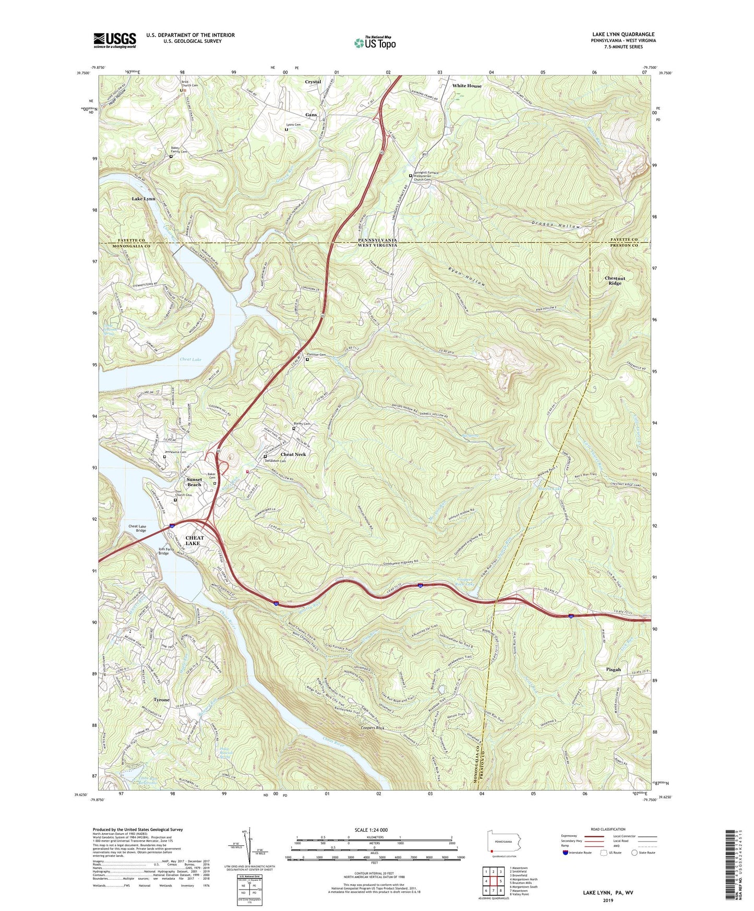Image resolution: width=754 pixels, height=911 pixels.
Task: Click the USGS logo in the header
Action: pyautogui.click(x=115, y=40)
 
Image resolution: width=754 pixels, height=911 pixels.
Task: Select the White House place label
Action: pyautogui.click(x=466, y=86)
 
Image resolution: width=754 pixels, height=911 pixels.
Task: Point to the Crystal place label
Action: pyautogui.click(x=313, y=82)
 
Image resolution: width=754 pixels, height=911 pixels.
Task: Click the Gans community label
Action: pyautogui.click(x=311, y=115)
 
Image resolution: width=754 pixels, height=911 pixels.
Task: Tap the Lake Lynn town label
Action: pyautogui.click(x=143, y=199)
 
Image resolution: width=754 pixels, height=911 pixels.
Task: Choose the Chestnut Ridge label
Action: pyautogui.click(x=615, y=281)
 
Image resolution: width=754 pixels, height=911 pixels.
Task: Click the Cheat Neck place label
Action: pyautogui.click(x=293, y=454)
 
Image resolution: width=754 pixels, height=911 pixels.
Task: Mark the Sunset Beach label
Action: pyautogui.click(x=194, y=482)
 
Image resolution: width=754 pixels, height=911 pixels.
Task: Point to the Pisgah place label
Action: pyautogui.click(x=614, y=669)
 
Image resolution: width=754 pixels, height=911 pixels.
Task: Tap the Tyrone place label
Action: pyautogui.click(x=162, y=700)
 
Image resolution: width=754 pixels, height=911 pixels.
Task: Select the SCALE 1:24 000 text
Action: pyautogui.click(x=371, y=830)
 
